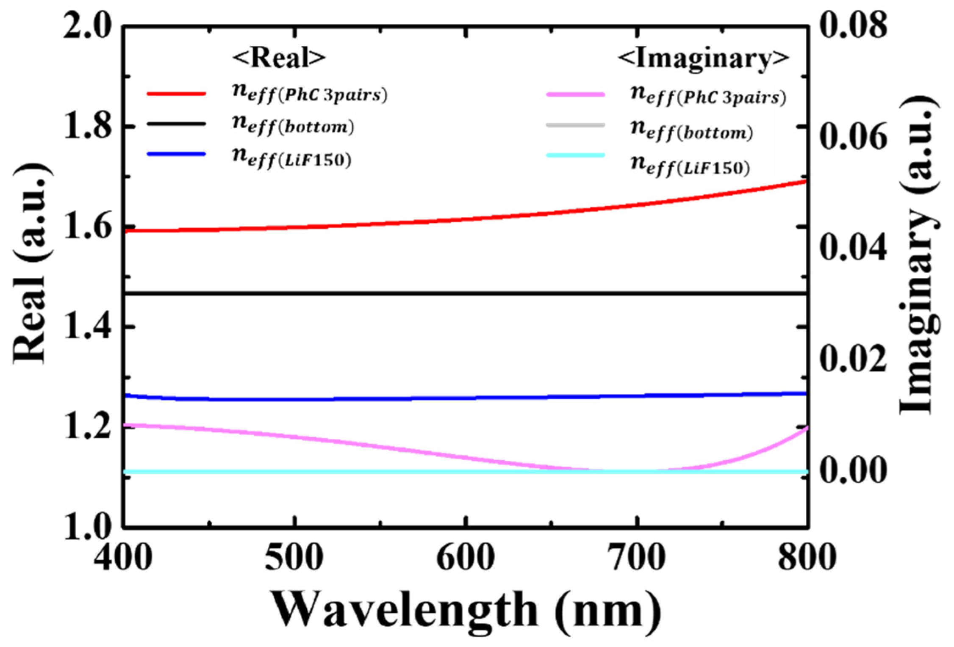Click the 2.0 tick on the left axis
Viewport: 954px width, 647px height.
coord(87,26)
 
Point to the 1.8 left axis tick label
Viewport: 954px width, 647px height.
coord(87,126)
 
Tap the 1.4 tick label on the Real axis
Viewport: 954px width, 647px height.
coord(87,326)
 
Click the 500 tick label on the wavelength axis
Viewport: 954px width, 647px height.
coord(294,558)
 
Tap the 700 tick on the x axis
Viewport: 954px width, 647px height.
coord(636,558)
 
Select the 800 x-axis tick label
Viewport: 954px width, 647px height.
coord(807,558)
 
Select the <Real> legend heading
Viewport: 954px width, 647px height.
coord(279,58)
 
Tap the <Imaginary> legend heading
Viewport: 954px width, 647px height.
coord(704,58)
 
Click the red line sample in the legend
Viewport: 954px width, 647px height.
coord(176,93)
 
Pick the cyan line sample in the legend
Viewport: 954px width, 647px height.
coord(575,155)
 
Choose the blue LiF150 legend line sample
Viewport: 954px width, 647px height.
coord(176,155)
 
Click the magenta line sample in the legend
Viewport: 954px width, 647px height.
coord(575,94)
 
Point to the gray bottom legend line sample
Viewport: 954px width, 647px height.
coord(575,125)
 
